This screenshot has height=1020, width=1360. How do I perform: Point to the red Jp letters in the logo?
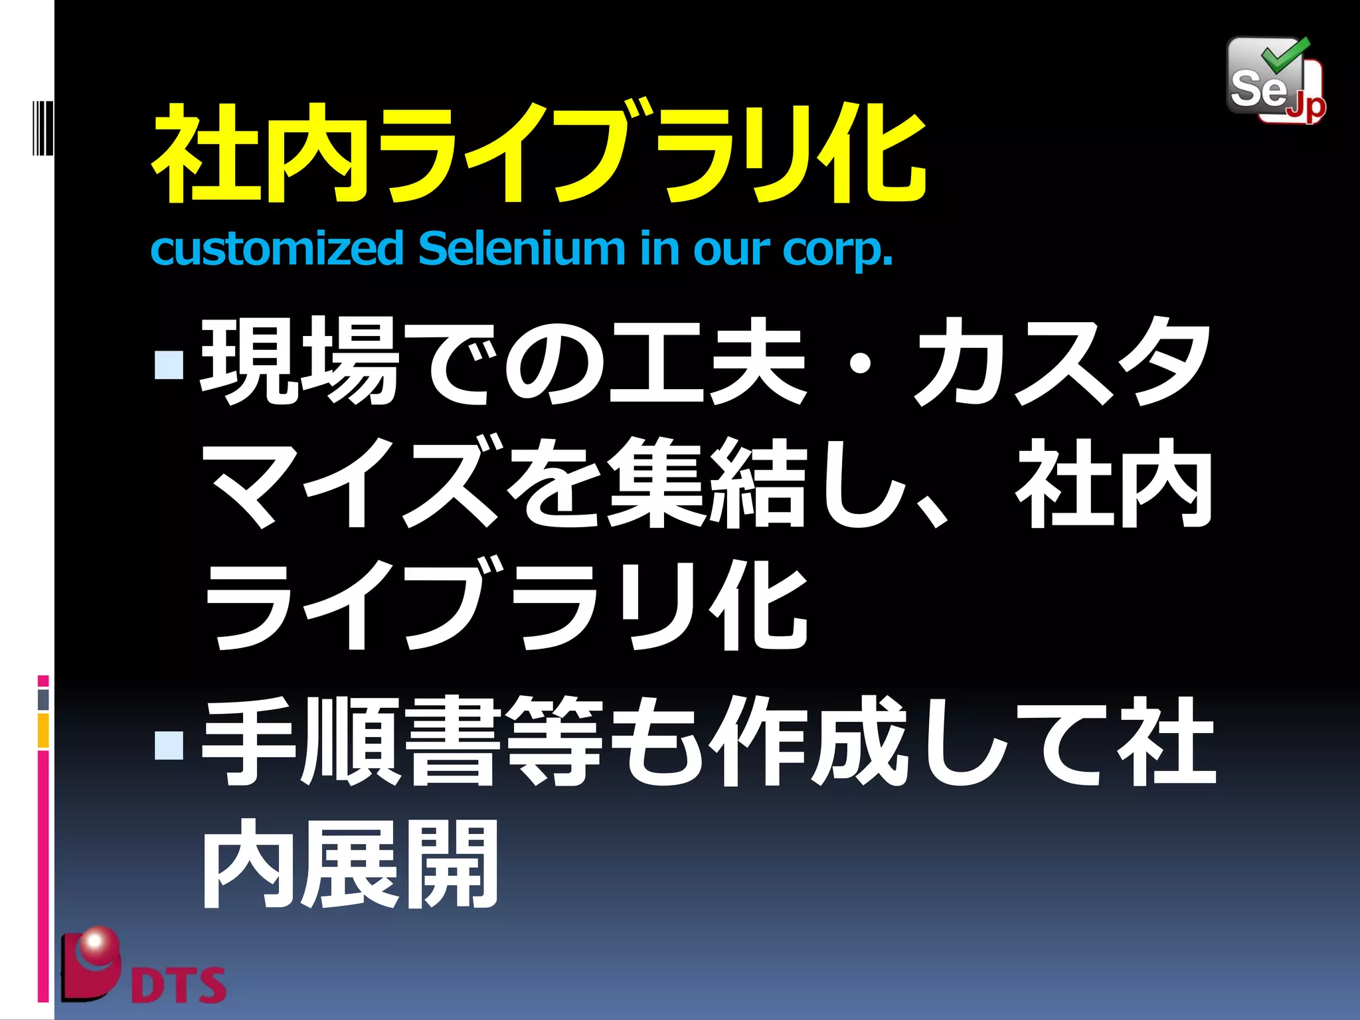(1306, 106)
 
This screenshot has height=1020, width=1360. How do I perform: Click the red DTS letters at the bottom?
(178, 984)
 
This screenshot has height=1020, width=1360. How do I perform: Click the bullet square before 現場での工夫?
(169, 364)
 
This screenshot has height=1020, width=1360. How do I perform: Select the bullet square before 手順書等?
(169, 744)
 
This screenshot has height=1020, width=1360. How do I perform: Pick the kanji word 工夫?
(707, 362)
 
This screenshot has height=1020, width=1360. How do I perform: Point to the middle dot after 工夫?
(860, 364)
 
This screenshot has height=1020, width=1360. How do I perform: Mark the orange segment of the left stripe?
(43, 730)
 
